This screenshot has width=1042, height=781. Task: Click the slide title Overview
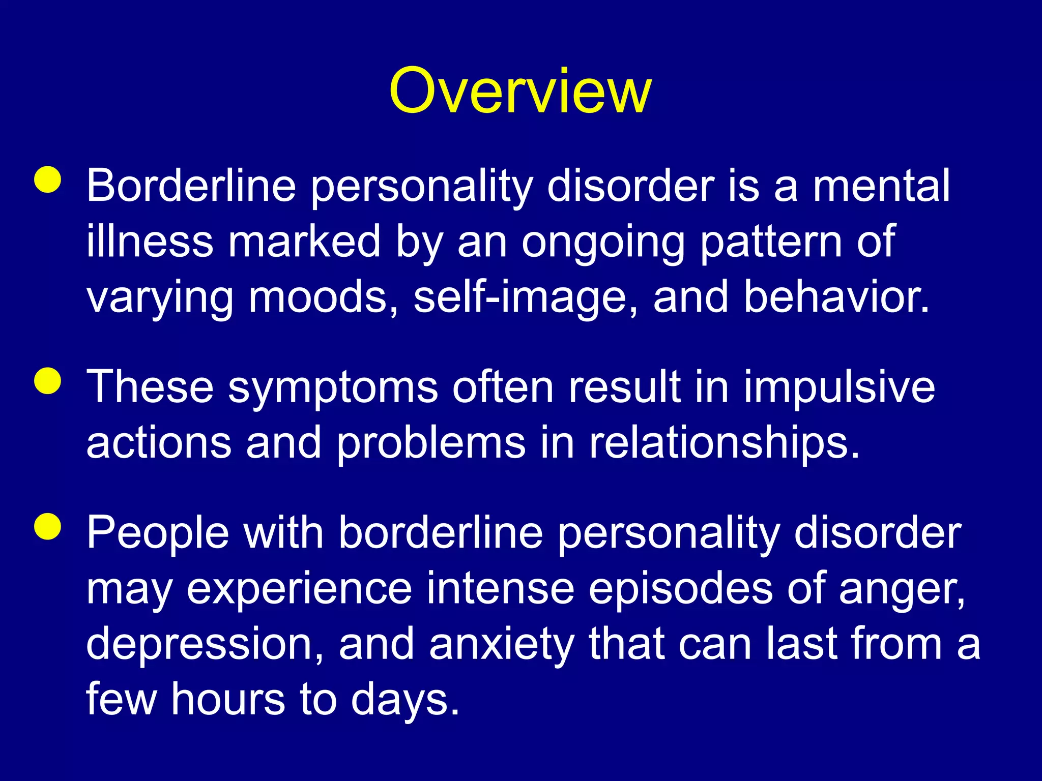(x=520, y=92)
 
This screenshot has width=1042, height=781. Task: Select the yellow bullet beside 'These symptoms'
(x=48, y=381)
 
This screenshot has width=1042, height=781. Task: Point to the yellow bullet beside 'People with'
(x=48, y=526)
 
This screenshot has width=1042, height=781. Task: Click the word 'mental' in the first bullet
(x=881, y=186)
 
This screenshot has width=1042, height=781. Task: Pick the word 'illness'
(x=150, y=242)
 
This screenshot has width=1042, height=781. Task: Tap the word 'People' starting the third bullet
(x=158, y=534)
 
